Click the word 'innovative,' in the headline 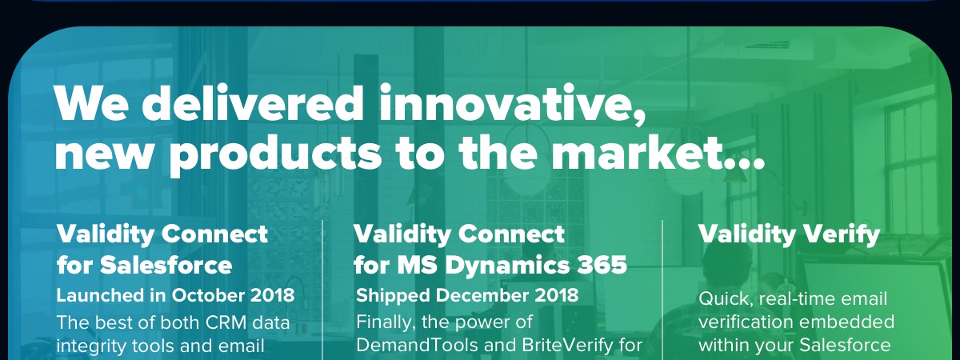click(512, 104)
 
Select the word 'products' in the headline click(275, 155)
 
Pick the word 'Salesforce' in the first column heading click(166, 265)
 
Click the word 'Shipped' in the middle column click(393, 296)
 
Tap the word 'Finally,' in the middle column click(386, 322)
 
